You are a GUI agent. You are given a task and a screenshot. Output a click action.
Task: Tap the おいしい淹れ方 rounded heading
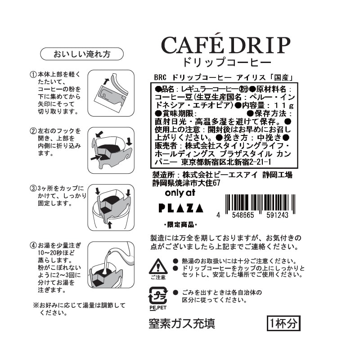[82, 54]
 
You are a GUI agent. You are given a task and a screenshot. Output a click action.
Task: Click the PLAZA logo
[181, 208]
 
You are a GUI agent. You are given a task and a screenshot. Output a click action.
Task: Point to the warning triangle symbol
[158, 266]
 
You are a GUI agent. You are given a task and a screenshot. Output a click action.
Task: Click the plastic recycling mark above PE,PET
[158, 296]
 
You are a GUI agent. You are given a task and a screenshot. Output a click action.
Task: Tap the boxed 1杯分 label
[283, 323]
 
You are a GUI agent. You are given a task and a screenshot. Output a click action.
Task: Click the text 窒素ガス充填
[182, 324]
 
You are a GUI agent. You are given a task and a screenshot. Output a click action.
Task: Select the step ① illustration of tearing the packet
[111, 93]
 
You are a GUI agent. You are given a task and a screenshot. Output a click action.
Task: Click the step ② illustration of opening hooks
[111, 150]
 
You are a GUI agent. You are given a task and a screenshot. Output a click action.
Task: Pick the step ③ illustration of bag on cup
[111, 207]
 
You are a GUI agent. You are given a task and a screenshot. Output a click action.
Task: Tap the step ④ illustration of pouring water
[111, 265]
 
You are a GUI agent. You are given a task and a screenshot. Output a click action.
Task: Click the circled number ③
[33, 189]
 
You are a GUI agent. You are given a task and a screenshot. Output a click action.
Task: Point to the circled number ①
[33, 74]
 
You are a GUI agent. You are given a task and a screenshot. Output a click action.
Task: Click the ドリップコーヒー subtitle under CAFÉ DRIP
[226, 62]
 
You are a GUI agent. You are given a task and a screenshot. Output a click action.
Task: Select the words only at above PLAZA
[180, 193]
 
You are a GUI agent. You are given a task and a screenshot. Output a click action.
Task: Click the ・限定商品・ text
[181, 225]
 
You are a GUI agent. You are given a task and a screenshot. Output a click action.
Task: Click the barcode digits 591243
[277, 215]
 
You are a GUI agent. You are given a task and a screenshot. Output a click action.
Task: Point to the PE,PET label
[158, 308]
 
